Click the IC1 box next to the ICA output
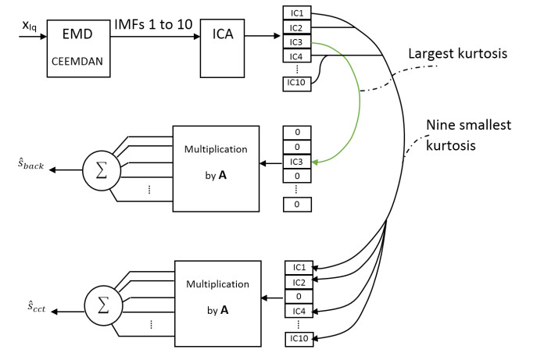click(x=298, y=13)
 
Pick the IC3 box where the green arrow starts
click(x=298, y=41)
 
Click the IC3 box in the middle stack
click(x=297, y=162)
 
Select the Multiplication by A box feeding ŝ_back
click(x=216, y=167)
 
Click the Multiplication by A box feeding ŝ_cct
click(x=216, y=300)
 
